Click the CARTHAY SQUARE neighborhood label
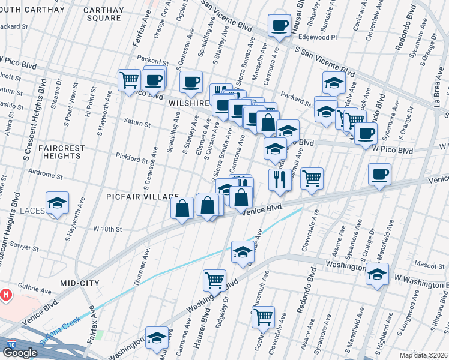click(x=103, y=14)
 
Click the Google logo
click(x=20, y=353)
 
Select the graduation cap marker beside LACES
click(x=58, y=203)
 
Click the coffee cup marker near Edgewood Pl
click(x=279, y=25)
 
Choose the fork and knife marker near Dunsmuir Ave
click(x=279, y=179)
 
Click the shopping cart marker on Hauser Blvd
click(x=214, y=280)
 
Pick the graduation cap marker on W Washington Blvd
click(x=378, y=275)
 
